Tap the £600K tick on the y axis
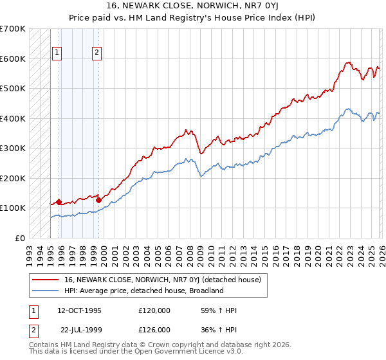[13, 59]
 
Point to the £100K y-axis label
[13, 208]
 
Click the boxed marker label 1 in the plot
[58, 53]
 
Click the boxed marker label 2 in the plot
[97, 53]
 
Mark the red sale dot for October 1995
[59, 202]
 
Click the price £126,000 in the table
[154, 330]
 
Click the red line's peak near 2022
[348, 62]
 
